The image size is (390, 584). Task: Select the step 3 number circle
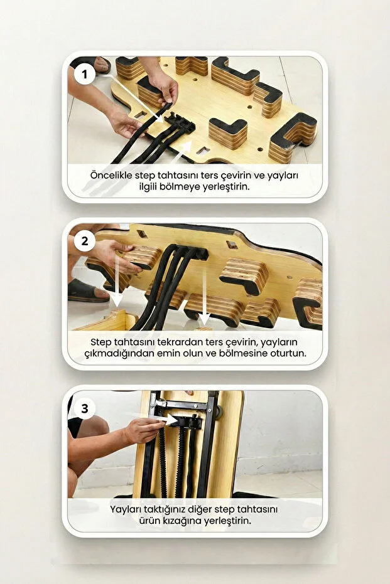[x=85, y=409]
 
